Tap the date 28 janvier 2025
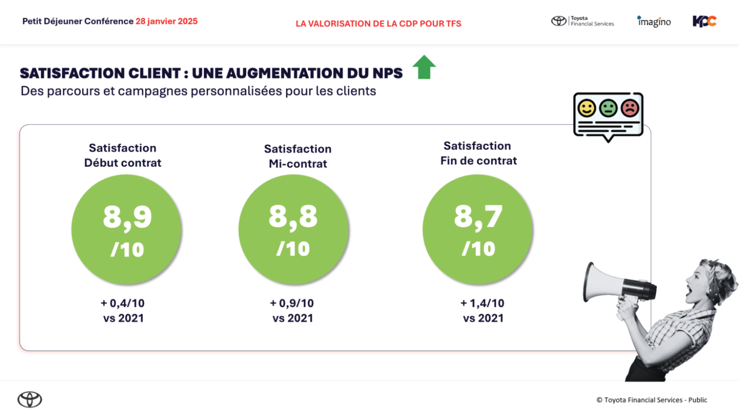coord(167,21)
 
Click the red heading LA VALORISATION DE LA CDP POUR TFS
coord(378,24)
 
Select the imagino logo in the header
coord(654,21)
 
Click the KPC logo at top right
coord(704,21)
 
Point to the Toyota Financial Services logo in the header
coord(582,21)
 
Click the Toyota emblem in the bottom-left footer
coord(30,399)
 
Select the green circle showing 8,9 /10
coord(127,229)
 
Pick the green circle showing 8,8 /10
coord(294,229)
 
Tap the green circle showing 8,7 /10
coord(477,229)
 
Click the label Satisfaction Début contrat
coord(123,155)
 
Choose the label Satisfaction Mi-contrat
coord(298,156)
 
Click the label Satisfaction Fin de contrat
coord(478,153)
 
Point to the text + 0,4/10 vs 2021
coord(123,311)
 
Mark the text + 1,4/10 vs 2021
coord(483,311)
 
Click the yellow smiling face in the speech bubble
coord(586,108)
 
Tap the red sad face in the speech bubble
coord(630,108)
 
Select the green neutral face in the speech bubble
coord(608,108)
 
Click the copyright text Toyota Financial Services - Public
coord(651,400)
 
